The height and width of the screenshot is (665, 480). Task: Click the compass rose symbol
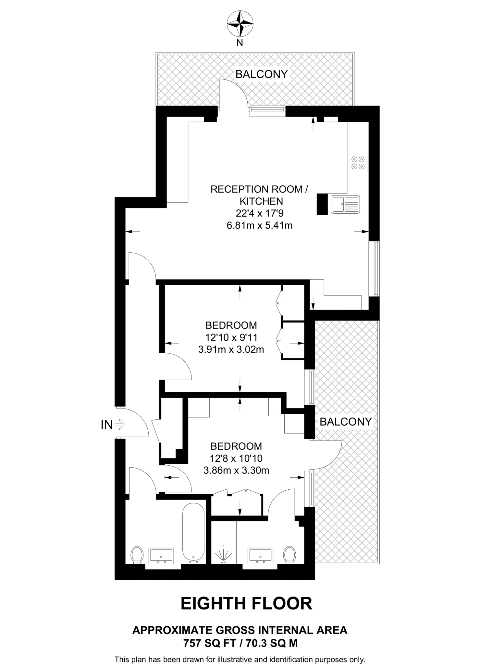pyautogui.click(x=240, y=24)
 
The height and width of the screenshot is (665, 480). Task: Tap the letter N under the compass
pyautogui.click(x=240, y=43)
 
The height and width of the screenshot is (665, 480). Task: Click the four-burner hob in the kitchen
pyautogui.click(x=358, y=163)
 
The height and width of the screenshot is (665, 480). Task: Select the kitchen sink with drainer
pyautogui.click(x=345, y=204)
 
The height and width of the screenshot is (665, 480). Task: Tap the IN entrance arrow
pyautogui.click(x=120, y=424)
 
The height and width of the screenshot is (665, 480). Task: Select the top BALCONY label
pyautogui.click(x=262, y=74)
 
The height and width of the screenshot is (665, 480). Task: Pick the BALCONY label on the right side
pyautogui.click(x=346, y=422)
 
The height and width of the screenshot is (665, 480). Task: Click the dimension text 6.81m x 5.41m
pyautogui.click(x=260, y=225)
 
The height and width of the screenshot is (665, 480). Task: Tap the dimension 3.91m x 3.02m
pyautogui.click(x=231, y=349)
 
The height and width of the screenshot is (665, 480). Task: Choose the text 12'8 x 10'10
pyautogui.click(x=236, y=458)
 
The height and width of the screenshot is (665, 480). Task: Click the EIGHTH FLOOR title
pyautogui.click(x=246, y=603)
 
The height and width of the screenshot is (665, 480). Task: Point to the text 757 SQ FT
pyautogui.click(x=209, y=643)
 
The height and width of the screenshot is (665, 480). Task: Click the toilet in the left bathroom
pyautogui.click(x=137, y=555)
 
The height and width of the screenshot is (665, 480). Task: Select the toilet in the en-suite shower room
pyautogui.click(x=289, y=555)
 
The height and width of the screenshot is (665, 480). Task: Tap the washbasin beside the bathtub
pyautogui.click(x=161, y=556)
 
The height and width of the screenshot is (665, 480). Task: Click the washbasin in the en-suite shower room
pyautogui.click(x=260, y=556)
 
